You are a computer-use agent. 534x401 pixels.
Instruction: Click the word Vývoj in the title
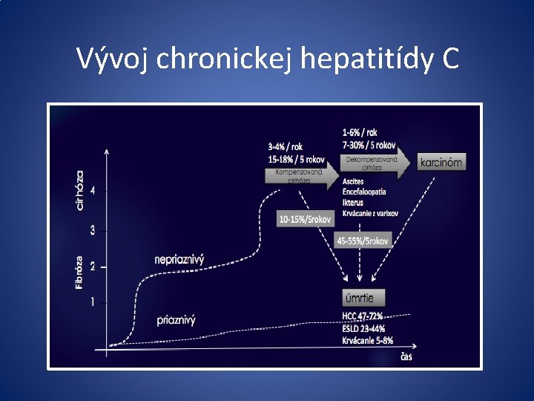pos(114,58)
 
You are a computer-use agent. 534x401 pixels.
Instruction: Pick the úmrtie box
pos(363,298)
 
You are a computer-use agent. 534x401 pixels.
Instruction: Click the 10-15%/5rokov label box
pos(305,219)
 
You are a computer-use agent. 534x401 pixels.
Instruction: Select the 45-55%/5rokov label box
pos(363,241)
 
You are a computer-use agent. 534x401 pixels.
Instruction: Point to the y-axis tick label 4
pos(92,190)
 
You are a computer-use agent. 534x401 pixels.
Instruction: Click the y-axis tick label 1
pos(93,301)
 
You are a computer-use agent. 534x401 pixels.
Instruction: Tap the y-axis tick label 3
pos(92,230)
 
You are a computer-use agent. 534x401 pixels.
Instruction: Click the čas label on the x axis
pos(406,357)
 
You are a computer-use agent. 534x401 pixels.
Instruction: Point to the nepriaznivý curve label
pos(179,259)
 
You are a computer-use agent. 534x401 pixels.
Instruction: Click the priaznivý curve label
pos(176,320)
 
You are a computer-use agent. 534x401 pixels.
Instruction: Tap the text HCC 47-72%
pos(367,316)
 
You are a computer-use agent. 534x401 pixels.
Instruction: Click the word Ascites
pos(354,181)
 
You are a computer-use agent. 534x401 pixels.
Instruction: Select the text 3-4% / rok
pos(285,146)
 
